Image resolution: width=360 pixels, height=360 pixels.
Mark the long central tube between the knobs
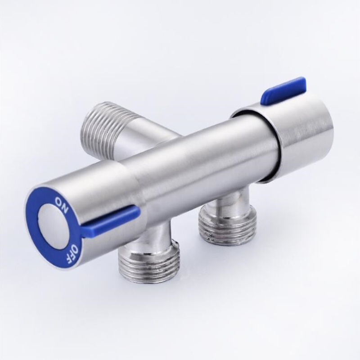(x=193, y=162)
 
